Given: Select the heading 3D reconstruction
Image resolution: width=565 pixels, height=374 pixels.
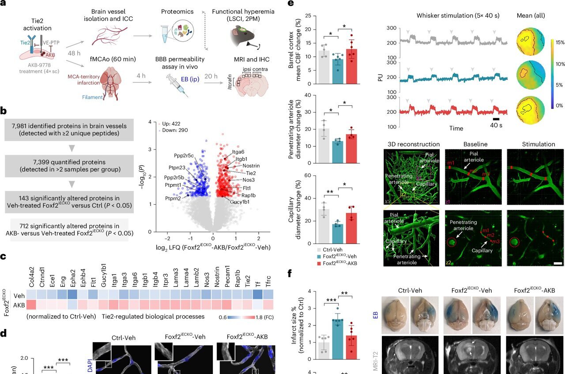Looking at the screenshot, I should tap(413, 144).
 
